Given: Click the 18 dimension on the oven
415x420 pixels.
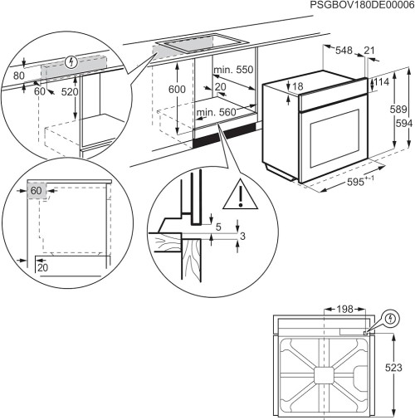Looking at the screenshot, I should [x=298, y=87].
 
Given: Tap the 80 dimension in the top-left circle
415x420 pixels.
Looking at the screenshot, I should [x=20, y=73].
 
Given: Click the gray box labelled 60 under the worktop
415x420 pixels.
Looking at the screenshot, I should [x=36, y=189].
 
